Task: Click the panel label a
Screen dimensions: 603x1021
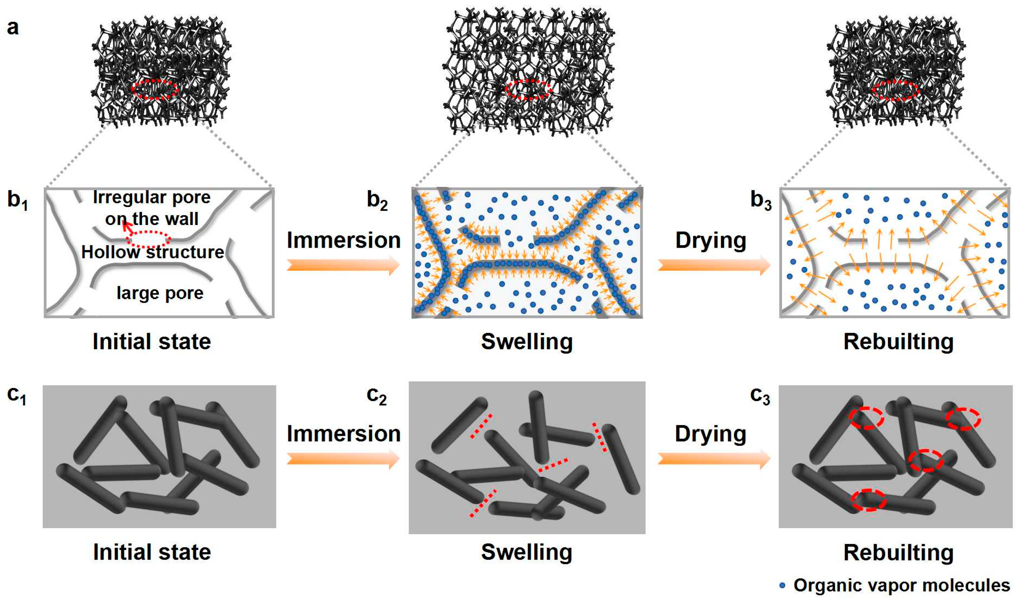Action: click(x=13, y=28)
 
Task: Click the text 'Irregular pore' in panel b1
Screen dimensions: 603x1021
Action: click(x=152, y=197)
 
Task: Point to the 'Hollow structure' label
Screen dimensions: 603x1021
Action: click(x=153, y=252)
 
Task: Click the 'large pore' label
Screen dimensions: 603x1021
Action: click(x=160, y=293)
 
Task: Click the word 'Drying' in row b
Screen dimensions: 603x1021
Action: click(x=711, y=240)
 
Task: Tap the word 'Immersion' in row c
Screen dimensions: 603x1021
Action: click(x=344, y=434)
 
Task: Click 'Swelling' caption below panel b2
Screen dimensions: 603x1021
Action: click(x=527, y=341)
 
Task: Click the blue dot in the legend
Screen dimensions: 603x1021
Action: click(x=782, y=586)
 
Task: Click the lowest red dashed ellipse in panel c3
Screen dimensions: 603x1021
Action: click(x=868, y=500)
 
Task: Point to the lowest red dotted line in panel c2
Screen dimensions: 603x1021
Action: click(x=483, y=503)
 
